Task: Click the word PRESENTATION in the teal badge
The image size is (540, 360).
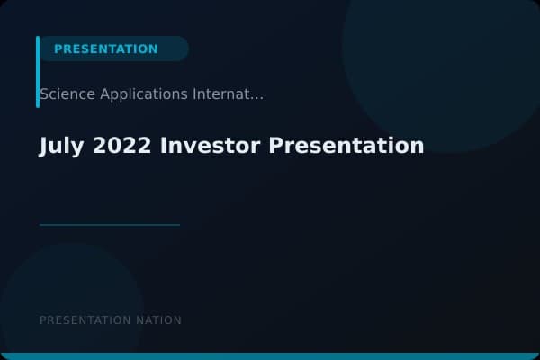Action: pyautogui.click(x=105, y=49)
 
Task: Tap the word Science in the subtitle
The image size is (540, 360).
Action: pyautogui.click(x=64, y=94)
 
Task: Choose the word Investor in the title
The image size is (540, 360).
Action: pyautogui.click(x=211, y=146)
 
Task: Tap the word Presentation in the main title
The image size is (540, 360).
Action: pyautogui.click(x=346, y=146)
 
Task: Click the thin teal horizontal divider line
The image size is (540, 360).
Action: pyautogui.click(x=109, y=224)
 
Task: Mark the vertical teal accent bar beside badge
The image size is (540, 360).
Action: pyautogui.click(x=38, y=72)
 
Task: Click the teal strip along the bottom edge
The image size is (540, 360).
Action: pyautogui.click(x=270, y=356)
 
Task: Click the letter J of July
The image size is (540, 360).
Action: pyautogui.click(x=44, y=146)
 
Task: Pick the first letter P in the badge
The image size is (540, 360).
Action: pyautogui.click(x=58, y=49)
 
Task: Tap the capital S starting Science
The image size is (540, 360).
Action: pyautogui.click(x=44, y=94)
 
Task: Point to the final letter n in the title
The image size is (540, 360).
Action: pyautogui.click(x=418, y=147)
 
